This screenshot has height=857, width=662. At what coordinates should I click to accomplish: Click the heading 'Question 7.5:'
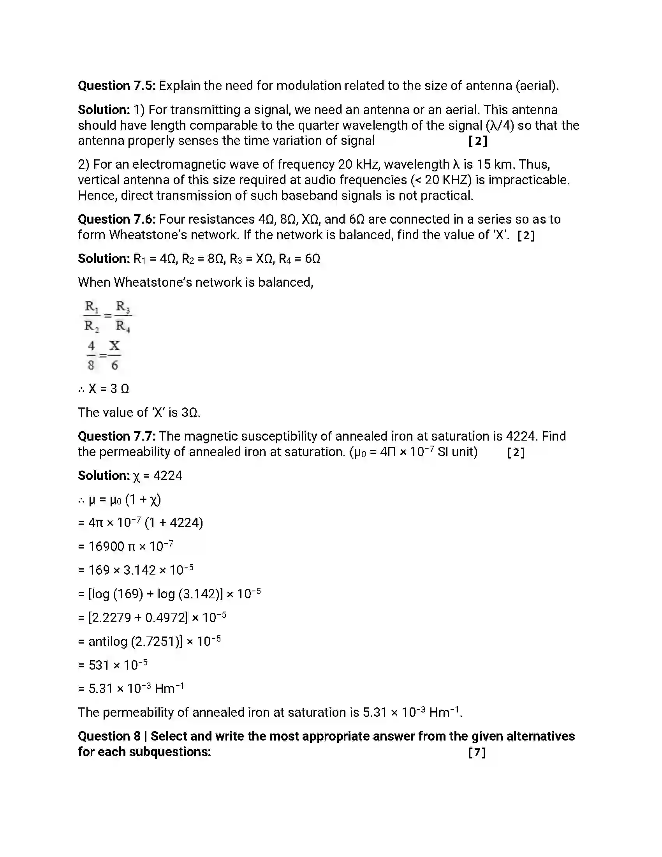(x=116, y=86)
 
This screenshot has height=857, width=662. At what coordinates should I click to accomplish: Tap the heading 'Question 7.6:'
(x=116, y=219)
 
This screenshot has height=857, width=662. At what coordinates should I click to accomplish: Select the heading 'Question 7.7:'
(x=116, y=436)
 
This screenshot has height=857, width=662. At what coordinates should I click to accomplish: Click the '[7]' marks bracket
(x=477, y=752)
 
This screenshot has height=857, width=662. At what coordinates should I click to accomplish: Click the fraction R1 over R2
(x=92, y=316)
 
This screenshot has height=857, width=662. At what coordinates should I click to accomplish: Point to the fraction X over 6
(x=114, y=356)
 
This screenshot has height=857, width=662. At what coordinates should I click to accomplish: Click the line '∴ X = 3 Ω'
(x=104, y=388)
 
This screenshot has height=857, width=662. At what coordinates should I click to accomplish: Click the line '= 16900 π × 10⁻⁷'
(x=125, y=546)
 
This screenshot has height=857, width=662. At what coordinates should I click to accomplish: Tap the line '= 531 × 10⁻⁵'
(x=113, y=665)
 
